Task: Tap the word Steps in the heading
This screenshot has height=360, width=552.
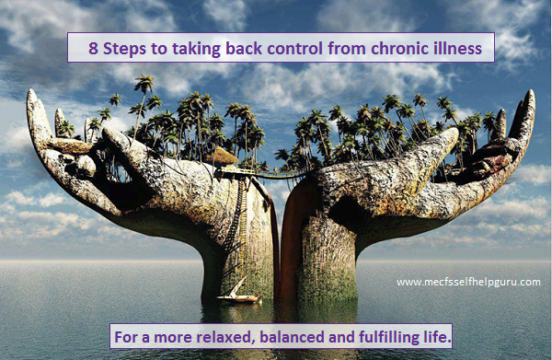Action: [x=123, y=47]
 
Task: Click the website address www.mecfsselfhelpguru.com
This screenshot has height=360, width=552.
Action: [x=467, y=283]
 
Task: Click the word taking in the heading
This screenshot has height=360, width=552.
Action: [x=180, y=48]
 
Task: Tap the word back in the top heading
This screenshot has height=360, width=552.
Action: [x=230, y=47]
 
